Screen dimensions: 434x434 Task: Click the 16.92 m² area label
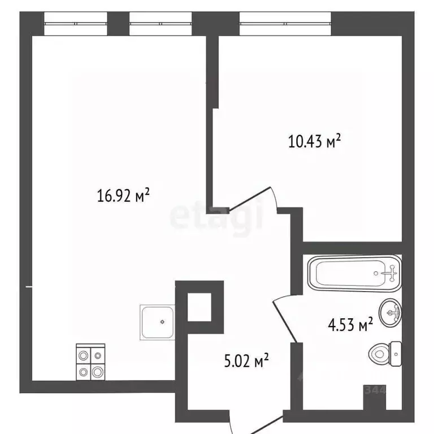(123, 196)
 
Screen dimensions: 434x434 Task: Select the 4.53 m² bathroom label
(350, 325)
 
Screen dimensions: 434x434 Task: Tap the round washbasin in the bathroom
(390, 311)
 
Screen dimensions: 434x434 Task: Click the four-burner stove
(91, 362)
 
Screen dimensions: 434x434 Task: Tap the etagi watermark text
(217, 216)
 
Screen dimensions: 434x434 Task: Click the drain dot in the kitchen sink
(162, 322)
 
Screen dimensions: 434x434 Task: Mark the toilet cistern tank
(396, 354)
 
